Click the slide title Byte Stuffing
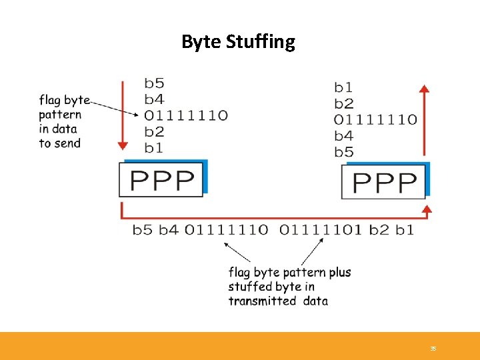(x=238, y=42)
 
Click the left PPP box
(x=162, y=180)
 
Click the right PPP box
(x=385, y=182)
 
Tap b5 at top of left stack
(x=154, y=83)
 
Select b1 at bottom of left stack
(x=154, y=147)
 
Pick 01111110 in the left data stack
(x=186, y=115)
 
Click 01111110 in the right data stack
(x=375, y=120)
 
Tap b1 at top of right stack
(x=343, y=87)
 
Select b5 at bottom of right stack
(x=344, y=152)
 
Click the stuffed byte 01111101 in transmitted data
(x=321, y=230)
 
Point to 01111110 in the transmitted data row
(x=226, y=230)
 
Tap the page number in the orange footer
(x=433, y=349)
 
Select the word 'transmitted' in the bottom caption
(x=262, y=301)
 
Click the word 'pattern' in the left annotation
(x=60, y=115)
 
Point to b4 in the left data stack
(x=154, y=99)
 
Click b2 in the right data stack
(x=344, y=103)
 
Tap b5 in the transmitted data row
(x=142, y=230)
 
